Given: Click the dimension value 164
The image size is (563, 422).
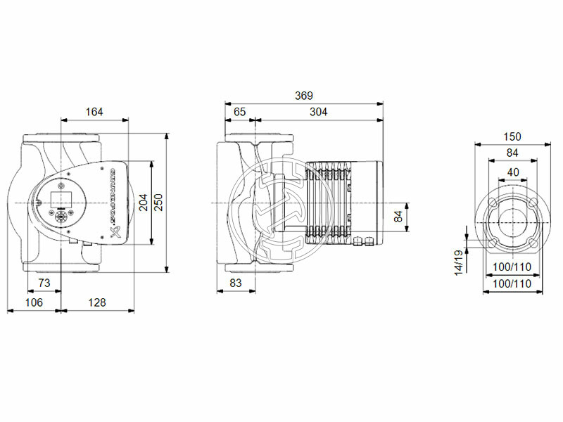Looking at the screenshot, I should pos(94,111).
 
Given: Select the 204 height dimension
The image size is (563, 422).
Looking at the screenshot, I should pos(144,203).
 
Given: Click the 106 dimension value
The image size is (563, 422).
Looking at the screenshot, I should pos(34,302).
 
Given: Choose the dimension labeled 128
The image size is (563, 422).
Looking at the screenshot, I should pos(97,302).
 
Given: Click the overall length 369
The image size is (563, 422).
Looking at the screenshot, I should pos(303,96).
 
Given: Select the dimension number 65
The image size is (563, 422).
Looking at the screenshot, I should pos(239,111).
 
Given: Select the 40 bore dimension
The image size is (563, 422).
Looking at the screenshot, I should pos(512,172).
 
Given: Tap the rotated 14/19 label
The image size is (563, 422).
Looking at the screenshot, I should pos(457,262).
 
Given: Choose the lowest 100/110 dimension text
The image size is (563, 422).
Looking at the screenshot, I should pos(512,283).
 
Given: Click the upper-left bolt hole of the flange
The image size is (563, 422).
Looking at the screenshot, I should pos(493,203).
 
